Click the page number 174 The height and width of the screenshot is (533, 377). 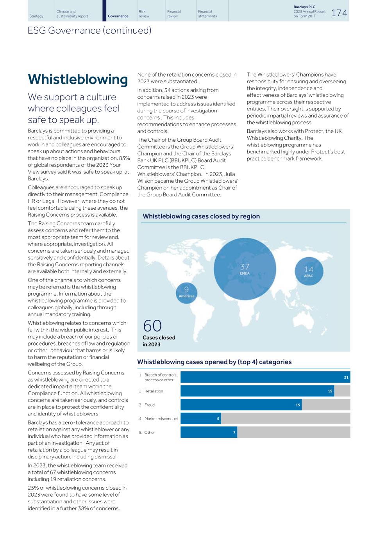pyautogui.click(x=339, y=13)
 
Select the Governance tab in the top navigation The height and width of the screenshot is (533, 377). pyautogui.click(x=118, y=16)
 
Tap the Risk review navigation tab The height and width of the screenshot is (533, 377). pyautogui.click(x=144, y=14)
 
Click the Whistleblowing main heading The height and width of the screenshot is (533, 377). pyautogui.click(x=78, y=79)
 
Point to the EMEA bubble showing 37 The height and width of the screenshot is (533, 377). pyautogui.click(x=245, y=269)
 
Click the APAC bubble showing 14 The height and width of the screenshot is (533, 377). pyautogui.click(x=309, y=271)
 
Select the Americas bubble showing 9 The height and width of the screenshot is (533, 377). pyautogui.click(x=186, y=292)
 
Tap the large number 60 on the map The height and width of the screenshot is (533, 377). pyautogui.click(x=152, y=326)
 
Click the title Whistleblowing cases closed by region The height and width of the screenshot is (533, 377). pyautogui.click(x=201, y=216)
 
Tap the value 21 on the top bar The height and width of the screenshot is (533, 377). pyautogui.click(x=346, y=377)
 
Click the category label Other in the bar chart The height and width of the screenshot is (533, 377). pyautogui.click(x=149, y=433)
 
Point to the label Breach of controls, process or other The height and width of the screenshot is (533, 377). pyautogui.click(x=160, y=377)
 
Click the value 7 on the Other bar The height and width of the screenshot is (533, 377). pyautogui.click(x=234, y=433)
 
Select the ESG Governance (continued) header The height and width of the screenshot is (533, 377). pyautogui.click(x=89, y=30)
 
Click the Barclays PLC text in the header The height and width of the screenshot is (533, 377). pyautogui.click(x=304, y=7)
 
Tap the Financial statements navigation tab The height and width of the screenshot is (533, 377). pyautogui.click(x=207, y=14)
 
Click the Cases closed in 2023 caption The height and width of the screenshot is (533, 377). pyautogui.click(x=159, y=341)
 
